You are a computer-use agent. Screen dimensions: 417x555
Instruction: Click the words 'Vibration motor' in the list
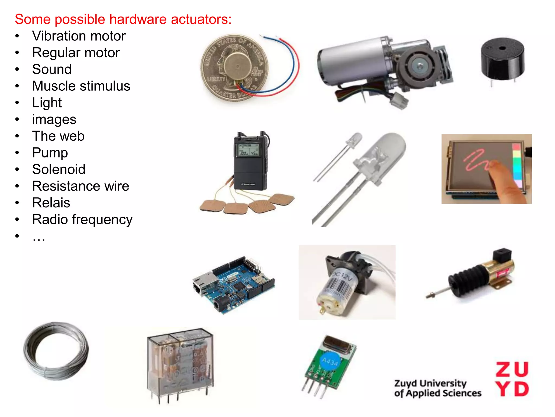tap(79, 36)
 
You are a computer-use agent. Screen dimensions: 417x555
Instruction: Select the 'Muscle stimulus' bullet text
tap(81, 86)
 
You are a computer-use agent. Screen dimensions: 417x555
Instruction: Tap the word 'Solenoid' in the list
tap(59, 169)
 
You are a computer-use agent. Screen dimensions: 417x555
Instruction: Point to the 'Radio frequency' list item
tap(82, 219)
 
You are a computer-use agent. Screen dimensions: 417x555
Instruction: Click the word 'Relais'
tap(51, 203)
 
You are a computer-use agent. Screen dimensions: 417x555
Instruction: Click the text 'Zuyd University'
tap(430, 383)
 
